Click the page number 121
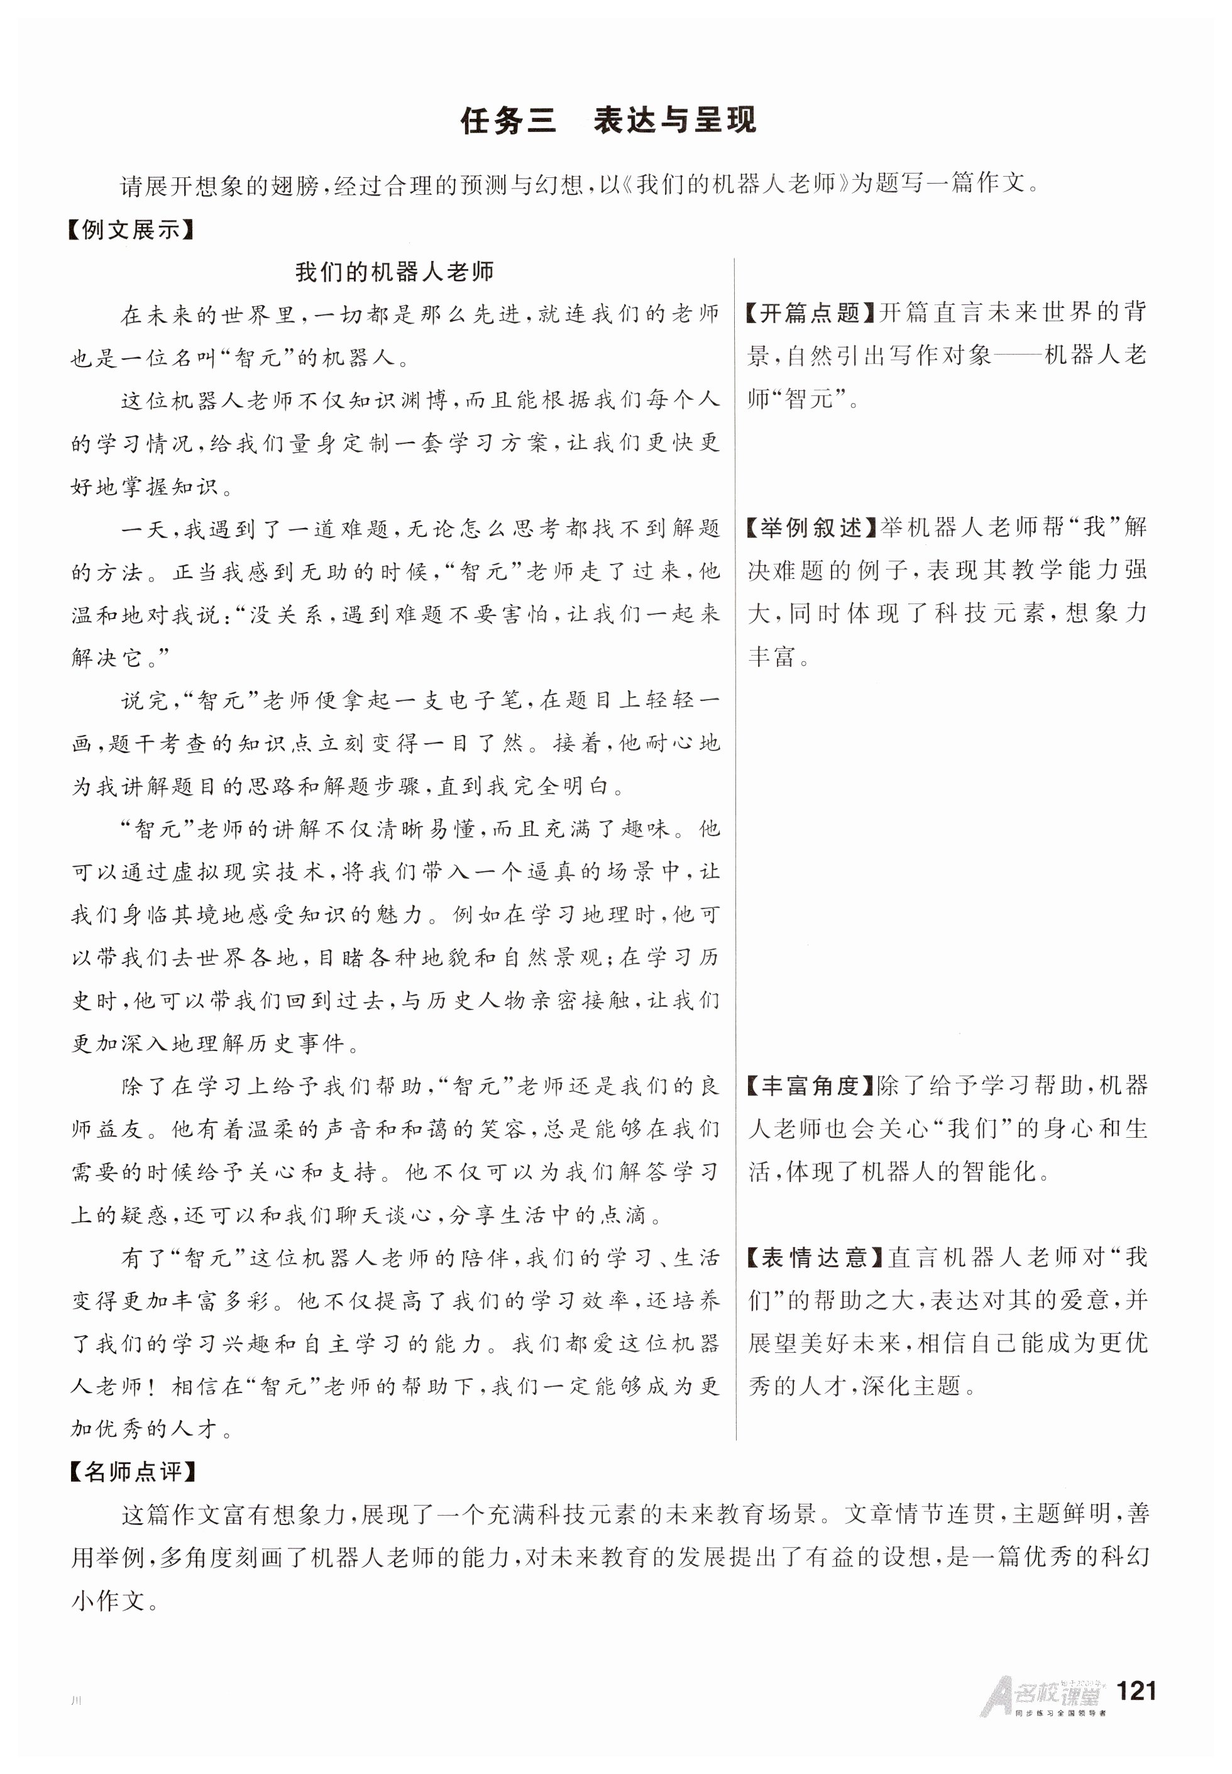tap(1135, 1690)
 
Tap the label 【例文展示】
tap(129, 230)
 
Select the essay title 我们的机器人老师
tap(393, 272)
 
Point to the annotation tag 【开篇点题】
tap(810, 312)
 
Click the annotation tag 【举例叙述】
tap(810, 528)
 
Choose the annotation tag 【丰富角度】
tap(810, 1086)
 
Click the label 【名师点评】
tap(132, 1472)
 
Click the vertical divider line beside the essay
tap(735, 849)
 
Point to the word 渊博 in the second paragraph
tap(422, 400)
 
